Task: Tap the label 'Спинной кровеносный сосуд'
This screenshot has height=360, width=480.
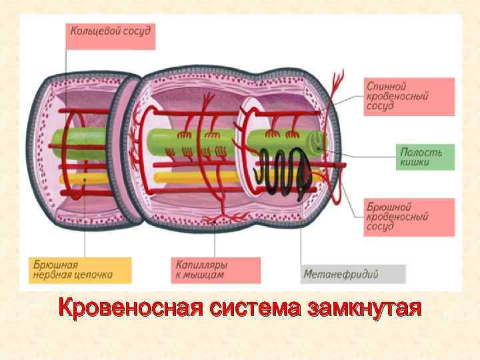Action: pyautogui.click(x=410, y=97)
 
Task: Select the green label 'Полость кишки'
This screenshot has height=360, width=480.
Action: pyautogui.click(x=425, y=157)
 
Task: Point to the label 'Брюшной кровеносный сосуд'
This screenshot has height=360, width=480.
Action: pyautogui.click(x=410, y=217)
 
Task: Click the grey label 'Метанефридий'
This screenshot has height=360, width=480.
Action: pyautogui.click(x=353, y=274)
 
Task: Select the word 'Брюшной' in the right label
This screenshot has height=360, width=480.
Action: pyautogui.click(x=389, y=207)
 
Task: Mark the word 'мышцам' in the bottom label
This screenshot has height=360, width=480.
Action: pyautogui.click(x=205, y=275)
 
